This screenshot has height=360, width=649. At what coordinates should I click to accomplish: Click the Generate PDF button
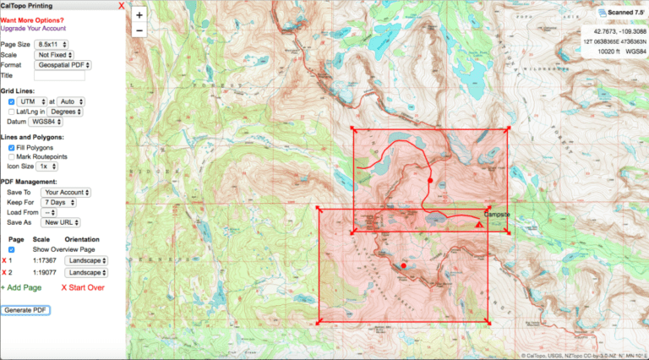(x=25, y=310)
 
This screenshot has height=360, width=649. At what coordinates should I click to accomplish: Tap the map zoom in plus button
(x=139, y=14)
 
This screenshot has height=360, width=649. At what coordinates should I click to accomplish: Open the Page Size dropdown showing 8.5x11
(x=52, y=44)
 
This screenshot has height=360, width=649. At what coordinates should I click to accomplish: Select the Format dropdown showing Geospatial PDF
(x=63, y=64)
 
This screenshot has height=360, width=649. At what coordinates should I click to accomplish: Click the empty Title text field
(x=59, y=75)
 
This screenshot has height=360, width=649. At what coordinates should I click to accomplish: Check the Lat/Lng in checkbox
(x=11, y=111)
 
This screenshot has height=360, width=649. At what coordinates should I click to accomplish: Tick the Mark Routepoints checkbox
(x=11, y=156)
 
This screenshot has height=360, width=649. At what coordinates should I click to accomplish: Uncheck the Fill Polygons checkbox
(x=11, y=147)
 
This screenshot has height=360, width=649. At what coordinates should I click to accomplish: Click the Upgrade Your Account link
(x=33, y=28)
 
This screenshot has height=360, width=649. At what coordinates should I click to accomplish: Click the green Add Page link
(x=21, y=288)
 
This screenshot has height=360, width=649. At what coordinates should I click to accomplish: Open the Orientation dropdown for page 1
(x=87, y=261)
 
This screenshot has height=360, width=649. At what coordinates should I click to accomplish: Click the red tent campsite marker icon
(x=479, y=225)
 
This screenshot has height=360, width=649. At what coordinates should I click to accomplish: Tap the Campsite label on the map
(x=498, y=215)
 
